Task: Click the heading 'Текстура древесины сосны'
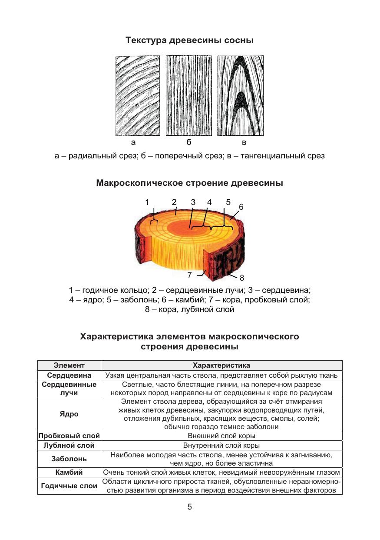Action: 189,40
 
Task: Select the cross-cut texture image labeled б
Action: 189,95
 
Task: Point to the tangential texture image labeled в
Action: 240,95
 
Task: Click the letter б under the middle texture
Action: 189,143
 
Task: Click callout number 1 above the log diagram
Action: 147,202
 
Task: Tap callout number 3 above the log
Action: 193,202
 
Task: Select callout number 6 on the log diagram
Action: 241,207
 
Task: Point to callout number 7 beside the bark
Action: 190,275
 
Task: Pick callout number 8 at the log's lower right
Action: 242,278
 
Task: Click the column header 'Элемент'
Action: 69,366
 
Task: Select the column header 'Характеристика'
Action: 221,366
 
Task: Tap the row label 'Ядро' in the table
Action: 69,414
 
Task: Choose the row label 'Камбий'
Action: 69,472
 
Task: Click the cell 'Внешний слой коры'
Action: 221,436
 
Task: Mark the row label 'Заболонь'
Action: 69,459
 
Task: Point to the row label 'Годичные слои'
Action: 69,486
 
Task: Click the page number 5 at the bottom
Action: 190,507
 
